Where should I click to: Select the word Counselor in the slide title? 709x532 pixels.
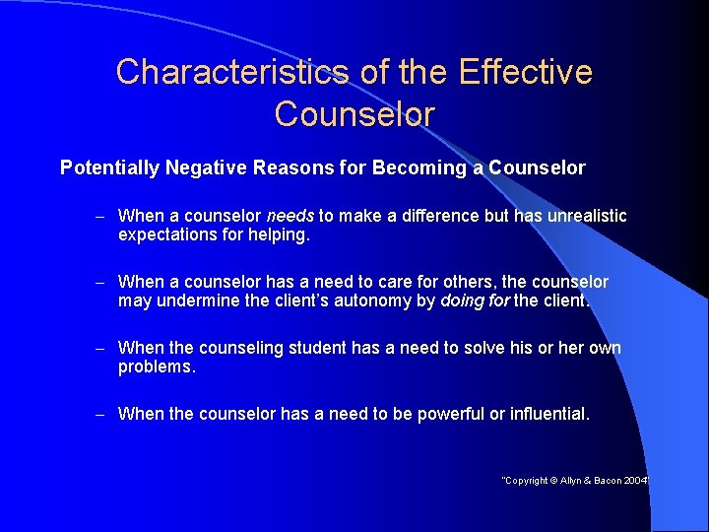(354, 114)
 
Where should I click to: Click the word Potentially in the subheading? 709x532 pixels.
(109, 168)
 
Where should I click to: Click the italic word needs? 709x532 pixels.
(290, 216)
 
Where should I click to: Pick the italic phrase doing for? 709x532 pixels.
(476, 301)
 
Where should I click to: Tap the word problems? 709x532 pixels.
(157, 367)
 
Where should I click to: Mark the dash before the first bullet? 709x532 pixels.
(101, 216)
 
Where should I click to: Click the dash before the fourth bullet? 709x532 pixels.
(101, 415)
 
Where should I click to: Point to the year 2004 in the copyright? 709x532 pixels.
(636, 480)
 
